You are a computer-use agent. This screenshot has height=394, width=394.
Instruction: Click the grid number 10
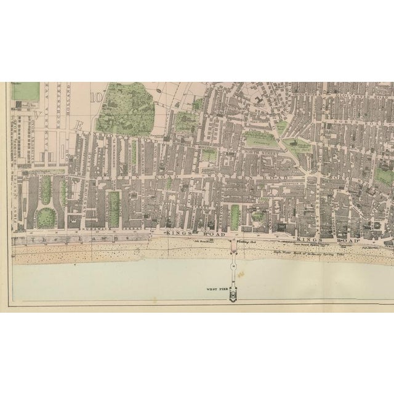(x=96, y=97)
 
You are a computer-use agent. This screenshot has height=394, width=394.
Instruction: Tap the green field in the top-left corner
(x=26, y=91)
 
